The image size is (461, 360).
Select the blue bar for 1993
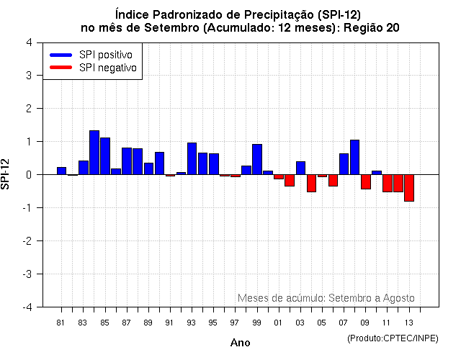tap(192, 158)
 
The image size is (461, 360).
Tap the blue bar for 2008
tap(354, 157)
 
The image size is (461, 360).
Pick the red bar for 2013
tap(409, 188)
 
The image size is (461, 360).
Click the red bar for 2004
tap(311, 183)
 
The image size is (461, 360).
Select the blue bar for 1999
tap(257, 159)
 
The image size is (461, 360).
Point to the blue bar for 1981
tap(61, 171)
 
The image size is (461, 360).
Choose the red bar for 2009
tap(366, 181)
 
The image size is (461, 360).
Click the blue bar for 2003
tap(300, 168)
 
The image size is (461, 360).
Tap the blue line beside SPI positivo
tap(61, 55)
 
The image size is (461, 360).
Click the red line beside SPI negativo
tap(61, 68)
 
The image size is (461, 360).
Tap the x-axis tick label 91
tap(170, 323)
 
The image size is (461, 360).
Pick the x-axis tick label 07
tap(344, 323)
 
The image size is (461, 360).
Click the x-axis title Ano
tap(240, 343)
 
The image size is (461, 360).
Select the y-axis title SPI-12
tap(7, 174)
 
